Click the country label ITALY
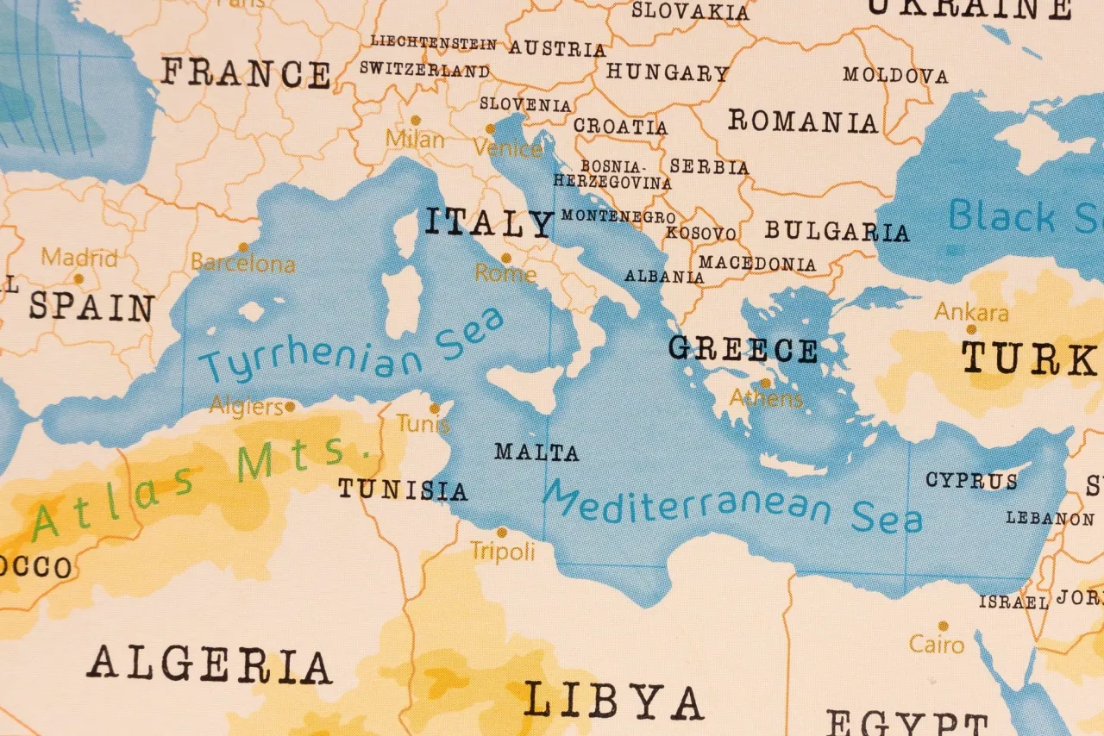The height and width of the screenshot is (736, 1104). [487, 223]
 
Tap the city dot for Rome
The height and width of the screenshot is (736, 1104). [506, 258]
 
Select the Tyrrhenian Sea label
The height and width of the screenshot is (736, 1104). [352, 346]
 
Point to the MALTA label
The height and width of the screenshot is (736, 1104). [536, 452]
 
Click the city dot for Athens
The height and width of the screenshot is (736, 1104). [765, 384]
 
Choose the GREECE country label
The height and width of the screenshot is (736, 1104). [743, 350]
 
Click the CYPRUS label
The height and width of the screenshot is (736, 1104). [971, 480]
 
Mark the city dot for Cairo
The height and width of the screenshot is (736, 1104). [943, 626]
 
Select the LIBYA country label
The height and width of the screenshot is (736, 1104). [613, 702]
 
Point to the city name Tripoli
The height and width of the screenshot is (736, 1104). [502, 552]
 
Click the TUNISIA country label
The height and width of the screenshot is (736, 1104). [402, 490]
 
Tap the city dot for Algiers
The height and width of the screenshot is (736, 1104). [291, 406]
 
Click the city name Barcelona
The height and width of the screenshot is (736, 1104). [242, 264]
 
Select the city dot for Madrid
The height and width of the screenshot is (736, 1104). [78, 278]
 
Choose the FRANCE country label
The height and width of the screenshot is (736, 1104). [246, 73]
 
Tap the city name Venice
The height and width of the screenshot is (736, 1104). [507, 148]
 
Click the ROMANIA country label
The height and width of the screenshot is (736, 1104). [802, 122]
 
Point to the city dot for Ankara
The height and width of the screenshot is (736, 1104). [971, 329]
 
